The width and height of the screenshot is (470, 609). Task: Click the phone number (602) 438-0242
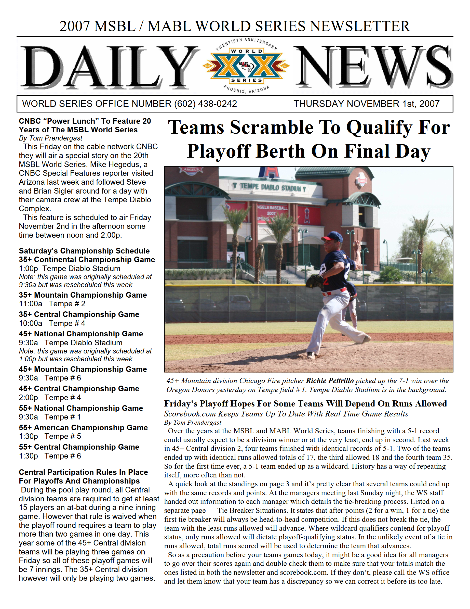205,104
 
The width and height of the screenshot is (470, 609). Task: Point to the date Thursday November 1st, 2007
366,104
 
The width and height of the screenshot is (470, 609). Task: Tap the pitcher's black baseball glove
315,281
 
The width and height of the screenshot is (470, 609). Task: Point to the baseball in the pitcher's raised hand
355,244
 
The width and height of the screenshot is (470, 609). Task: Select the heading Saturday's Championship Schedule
84,251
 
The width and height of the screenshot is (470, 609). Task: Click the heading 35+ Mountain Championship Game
83,295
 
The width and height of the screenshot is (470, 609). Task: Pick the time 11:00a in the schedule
30,304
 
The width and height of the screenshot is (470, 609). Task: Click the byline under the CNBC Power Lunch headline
50,138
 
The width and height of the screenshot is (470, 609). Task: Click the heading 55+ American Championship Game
83,427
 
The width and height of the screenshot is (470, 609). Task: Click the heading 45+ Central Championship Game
79,388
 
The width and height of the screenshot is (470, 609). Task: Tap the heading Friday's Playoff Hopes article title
305,403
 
